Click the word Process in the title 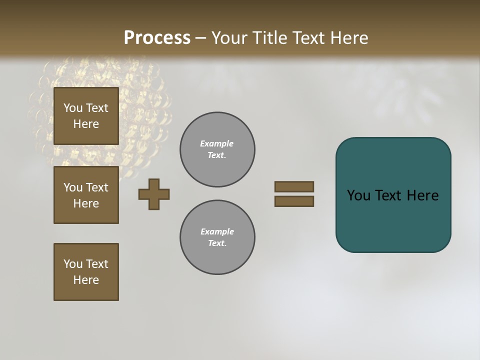click(x=157, y=38)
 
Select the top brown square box click(x=86, y=116)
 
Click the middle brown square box click(x=86, y=195)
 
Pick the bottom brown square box click(x=86, y=272)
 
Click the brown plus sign click(x=154, y=194)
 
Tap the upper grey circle click(x=217, y=149)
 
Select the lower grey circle click(x=217, y=237)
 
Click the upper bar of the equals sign click(x=294, y=186)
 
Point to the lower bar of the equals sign click(x=294, y=201)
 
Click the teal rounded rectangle click(x=393, y=220)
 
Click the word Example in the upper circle click(x=216, y=143)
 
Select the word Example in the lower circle click(x=217, y=231)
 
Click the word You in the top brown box click(x=73, y=108)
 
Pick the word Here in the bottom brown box click(x=86, y=280)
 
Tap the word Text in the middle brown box click(x=97, y=187)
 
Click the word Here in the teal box click(x=422, y=195)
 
